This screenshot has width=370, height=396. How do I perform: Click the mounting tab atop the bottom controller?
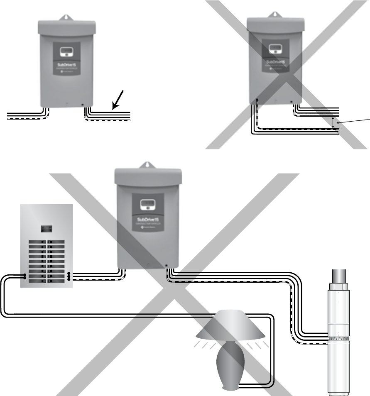click(x=147, y=165)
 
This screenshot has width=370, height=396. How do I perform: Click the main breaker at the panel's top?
click(x=46, y=228)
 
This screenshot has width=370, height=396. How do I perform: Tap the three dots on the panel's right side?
click(x=69, y=276)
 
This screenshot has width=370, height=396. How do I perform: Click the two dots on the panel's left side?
click(x=25, y=276)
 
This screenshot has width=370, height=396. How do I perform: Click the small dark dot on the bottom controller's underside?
click(x=166, y=265)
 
